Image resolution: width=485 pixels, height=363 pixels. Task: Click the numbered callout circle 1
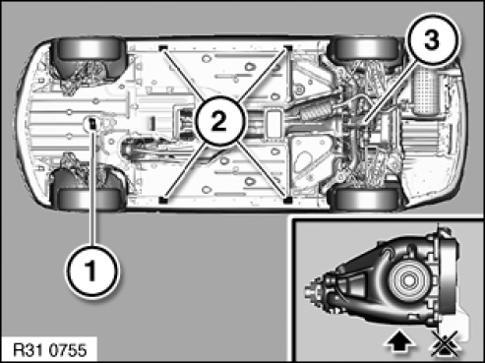[92, 271]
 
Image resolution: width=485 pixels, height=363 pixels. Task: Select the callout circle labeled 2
[220, 121]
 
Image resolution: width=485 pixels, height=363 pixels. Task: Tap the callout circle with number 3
[433, 40]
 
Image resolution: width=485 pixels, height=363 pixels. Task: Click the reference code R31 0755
[50, 350]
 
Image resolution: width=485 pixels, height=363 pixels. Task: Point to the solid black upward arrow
[400, 344]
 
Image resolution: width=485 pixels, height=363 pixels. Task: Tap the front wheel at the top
[90, 48]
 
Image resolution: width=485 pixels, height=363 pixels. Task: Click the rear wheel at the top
[365, 48]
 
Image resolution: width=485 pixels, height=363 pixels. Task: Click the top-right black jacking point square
[288, 48]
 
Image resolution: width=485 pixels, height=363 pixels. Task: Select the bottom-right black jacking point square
[287, 199]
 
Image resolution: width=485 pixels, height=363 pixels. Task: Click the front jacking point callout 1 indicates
[91, 123]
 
